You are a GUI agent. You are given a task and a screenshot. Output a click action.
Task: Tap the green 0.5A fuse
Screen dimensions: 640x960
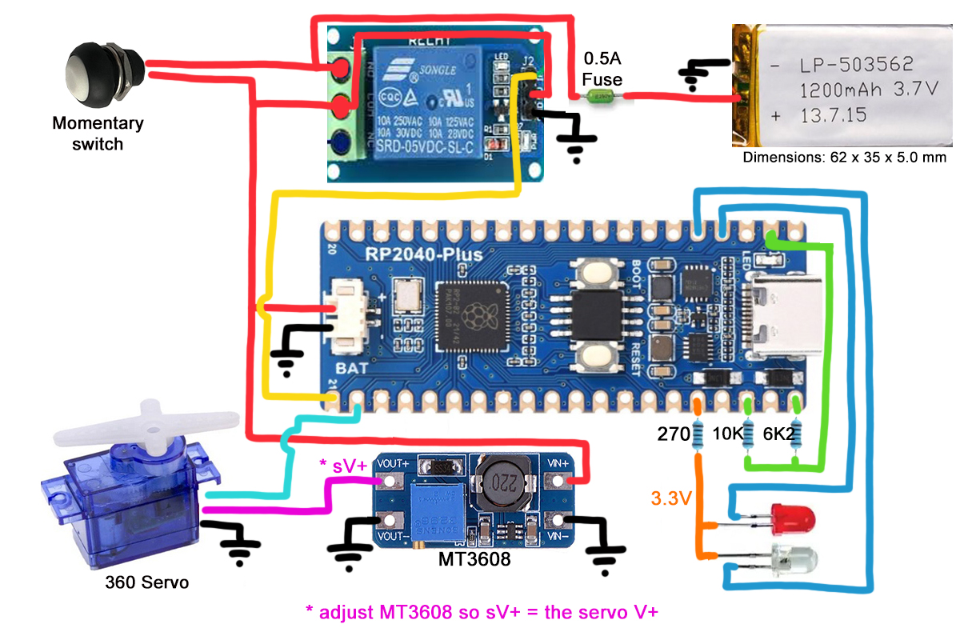pos(602,97)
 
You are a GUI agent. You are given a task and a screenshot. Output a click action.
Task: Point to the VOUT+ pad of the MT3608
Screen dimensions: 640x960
pos(391,482)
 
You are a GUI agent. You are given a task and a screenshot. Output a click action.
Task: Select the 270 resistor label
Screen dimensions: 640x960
pos(673,435)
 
